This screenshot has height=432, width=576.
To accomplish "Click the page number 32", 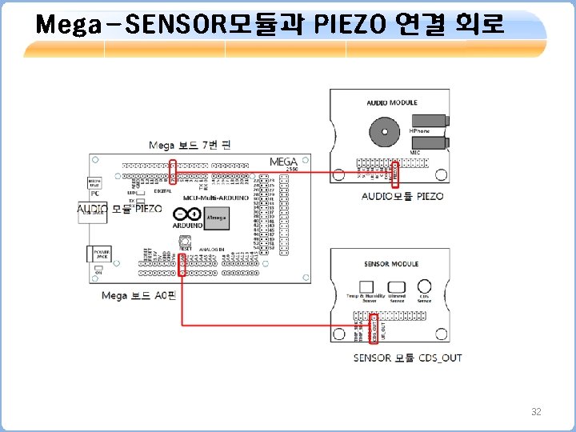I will (536, 412).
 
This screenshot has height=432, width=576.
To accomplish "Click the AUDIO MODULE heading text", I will (392, 102).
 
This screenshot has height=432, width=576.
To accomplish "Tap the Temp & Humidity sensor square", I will (366, 286).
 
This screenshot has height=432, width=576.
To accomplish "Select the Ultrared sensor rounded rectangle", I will (397, 286).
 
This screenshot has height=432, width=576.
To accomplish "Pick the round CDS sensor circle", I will (425, 286).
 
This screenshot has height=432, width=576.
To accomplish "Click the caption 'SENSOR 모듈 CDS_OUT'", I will (407, 358).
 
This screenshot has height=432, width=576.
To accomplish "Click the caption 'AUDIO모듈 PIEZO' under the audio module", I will (402, 196).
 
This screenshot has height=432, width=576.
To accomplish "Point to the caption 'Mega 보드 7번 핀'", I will (190, 145).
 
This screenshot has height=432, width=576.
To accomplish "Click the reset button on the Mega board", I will (185, 241).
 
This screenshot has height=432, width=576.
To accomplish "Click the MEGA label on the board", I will (283, 162).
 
